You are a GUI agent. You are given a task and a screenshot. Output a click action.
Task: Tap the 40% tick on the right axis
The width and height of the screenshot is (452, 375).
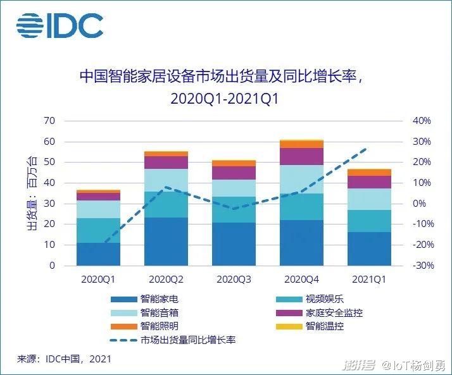coord(422,121)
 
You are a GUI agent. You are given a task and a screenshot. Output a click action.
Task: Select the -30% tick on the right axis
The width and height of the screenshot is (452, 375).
coord(422,266)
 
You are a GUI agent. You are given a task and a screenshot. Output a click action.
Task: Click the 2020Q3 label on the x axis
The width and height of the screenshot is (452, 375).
coord(234,278)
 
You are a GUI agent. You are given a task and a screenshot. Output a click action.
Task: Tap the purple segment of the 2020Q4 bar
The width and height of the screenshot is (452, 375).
coord(301,156)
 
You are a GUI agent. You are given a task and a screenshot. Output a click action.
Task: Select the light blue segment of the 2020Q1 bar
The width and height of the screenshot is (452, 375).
coord(99,209)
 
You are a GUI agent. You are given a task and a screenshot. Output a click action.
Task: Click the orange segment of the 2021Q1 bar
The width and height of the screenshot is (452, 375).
coord(370,173)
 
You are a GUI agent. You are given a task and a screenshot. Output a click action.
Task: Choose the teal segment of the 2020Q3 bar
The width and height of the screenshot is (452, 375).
coord(234,209)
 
